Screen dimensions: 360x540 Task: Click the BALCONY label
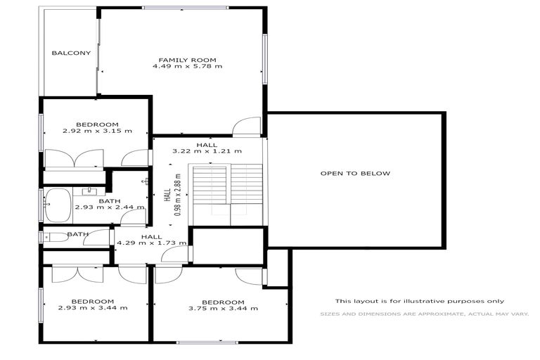pos(71,53)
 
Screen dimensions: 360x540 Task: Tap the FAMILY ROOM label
pos(187,60)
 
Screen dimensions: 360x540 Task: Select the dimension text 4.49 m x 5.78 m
pos(187,67)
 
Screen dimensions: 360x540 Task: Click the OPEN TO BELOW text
pos(355,173)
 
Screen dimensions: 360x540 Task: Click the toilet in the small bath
pos(57,238)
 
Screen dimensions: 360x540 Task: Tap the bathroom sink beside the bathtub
pos(91,191)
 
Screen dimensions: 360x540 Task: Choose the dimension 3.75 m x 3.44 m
pos(223,308)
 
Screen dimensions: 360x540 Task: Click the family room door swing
pos(247,127)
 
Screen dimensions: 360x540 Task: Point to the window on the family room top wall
pos(185,8)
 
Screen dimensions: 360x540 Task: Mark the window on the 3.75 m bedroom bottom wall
pos(207,343)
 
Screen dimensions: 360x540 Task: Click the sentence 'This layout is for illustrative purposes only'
pos(419,301)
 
